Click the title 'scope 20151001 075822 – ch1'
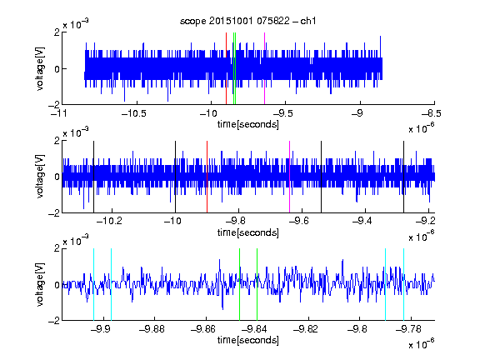[x=248, y=21]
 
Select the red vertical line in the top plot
[x=226, y=68]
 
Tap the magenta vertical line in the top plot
[x=264, y=68]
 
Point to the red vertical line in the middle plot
[x=207, y=177]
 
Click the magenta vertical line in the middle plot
[x=290, y=177]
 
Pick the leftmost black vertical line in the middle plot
[x=93, y=177]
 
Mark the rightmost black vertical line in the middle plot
[x=404, y=177]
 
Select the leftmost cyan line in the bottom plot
[x=93, y=284]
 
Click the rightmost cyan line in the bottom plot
[x=404, y=284]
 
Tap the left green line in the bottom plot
[x=240, y=284]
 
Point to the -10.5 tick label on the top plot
[x=134, y=113]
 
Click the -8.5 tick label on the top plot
[x=432, y=113]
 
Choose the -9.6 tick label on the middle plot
[x=299, y=221]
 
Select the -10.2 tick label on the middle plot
[x=109, y=221]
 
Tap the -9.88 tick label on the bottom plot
[x=152, y=329]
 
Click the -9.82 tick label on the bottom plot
[x=306, y=329]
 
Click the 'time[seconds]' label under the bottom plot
[x=248, y=340]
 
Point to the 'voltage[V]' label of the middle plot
[x=40, y=177]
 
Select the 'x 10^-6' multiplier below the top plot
[x=421, y=127]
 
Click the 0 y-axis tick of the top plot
[x=57, y=69]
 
